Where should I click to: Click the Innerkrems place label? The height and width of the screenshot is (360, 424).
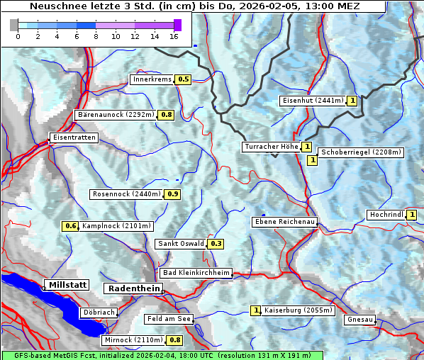point(152,79)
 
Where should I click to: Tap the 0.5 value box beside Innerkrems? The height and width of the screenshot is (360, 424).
point(184,79)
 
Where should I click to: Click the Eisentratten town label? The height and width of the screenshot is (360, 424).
point(73,137)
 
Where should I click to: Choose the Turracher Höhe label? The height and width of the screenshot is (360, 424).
point(271,147)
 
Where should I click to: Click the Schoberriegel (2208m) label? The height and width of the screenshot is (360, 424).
point(361,152)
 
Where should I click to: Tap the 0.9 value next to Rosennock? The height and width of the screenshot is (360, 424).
point(173,194)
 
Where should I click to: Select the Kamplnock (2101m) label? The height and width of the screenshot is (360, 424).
point(116,226)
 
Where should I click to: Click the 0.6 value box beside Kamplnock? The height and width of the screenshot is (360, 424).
point(70,226)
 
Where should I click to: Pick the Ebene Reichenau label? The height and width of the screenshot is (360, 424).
point(284,222)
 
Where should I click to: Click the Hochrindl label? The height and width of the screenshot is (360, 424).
point(386,215)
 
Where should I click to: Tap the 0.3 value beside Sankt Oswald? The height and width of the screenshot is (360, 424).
point(216,244)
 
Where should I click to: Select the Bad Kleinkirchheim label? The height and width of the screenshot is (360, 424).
point(196,273)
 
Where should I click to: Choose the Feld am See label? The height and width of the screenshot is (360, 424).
point(169,319)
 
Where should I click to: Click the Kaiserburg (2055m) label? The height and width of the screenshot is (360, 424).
point(293,310)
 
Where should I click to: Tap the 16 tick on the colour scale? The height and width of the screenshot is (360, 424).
point(174,35)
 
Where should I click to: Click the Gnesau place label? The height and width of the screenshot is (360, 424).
point(359,320)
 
